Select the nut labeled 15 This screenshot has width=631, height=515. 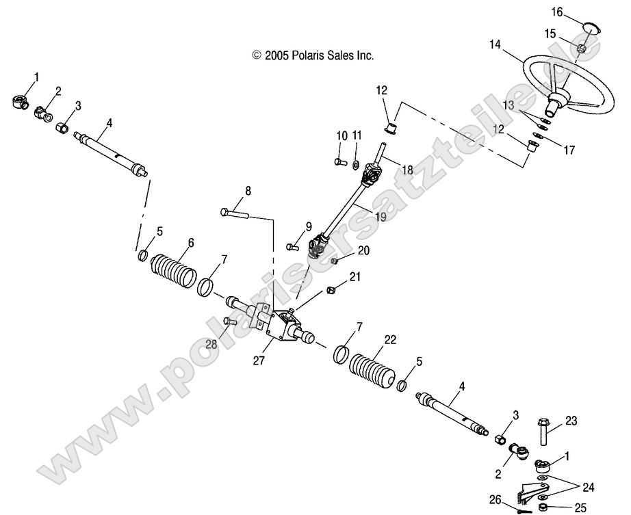coord(580,48)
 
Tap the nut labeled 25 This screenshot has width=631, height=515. coord(542,507)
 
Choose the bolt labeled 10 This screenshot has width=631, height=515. coord(340,162)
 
